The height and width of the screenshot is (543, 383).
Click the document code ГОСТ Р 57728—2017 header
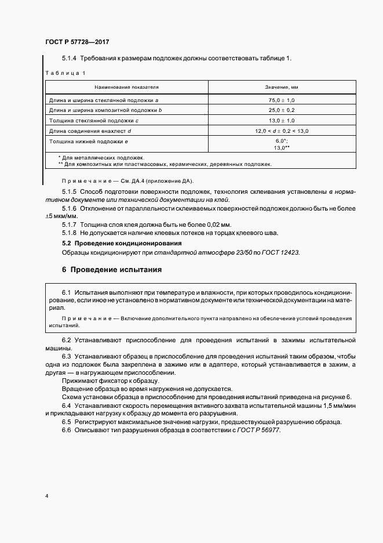point(77,42)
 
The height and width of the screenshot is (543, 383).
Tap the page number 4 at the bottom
point(47,497)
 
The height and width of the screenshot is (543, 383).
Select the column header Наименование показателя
point(126,87)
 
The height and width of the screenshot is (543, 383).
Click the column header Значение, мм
point(282,87)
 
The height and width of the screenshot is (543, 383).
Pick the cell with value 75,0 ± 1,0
point(282,100)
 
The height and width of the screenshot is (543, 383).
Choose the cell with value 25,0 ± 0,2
point(282,110)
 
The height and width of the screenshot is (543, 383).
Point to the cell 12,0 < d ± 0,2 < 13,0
point(282,131)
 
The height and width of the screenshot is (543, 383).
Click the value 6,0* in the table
point(282,141)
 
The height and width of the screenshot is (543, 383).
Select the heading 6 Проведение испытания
point(111,270)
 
